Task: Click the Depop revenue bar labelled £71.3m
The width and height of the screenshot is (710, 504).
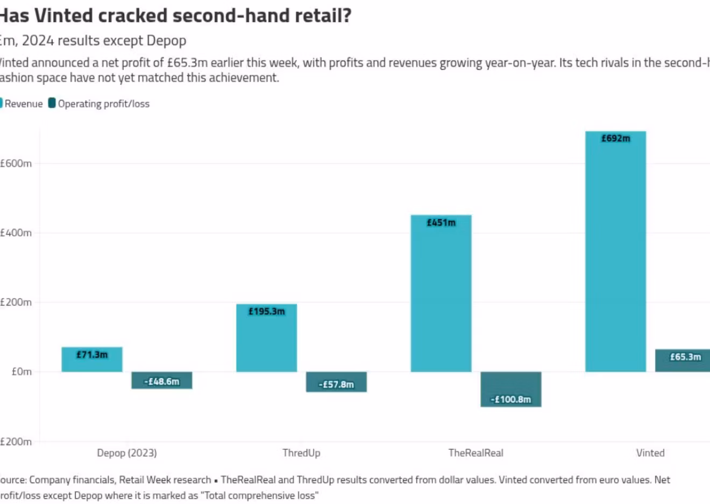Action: point(92,359)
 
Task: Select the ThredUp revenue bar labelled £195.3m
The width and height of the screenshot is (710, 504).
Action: point(266,338)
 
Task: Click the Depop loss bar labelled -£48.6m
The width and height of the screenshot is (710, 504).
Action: point(162,380)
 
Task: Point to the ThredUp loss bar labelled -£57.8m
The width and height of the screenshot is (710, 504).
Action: point(336,382)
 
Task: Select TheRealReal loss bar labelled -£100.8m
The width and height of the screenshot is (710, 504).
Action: point(510,390)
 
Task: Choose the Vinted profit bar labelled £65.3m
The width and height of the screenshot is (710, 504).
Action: point(683,361)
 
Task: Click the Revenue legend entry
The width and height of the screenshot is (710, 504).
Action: point(23,104)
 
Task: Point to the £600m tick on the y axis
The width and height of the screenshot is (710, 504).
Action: point(16,163)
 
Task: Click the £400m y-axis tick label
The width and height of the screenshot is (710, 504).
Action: point(16,233)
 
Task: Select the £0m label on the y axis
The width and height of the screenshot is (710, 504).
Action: point(22,372)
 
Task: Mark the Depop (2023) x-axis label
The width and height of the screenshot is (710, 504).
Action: point(127,453)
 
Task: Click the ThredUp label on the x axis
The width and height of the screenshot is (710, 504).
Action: point(301,453)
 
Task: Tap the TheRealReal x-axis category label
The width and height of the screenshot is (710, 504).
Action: point(476,453)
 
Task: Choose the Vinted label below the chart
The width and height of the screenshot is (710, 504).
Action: point(650,453)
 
